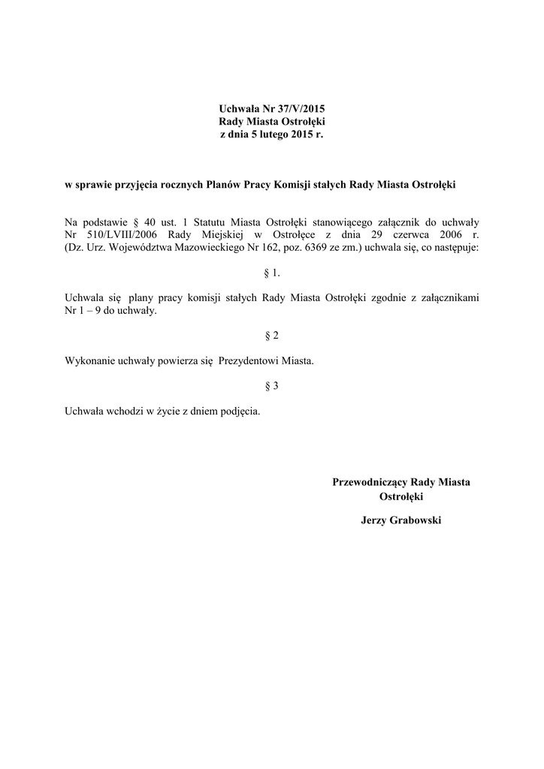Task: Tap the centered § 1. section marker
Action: [x=272, y=273]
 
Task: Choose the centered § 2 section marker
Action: [x=272, y=335]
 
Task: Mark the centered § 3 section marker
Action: [x=272, y=386]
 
